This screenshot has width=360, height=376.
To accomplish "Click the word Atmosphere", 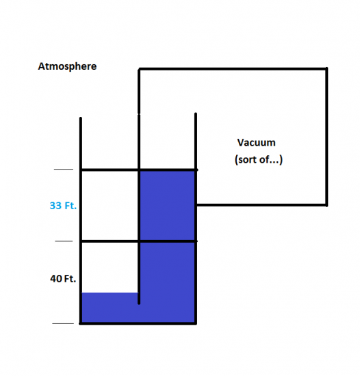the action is click(67, 66).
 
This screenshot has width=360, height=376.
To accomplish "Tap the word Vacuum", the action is click(257, 143).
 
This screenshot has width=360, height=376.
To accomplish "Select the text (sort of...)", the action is click(259, 160).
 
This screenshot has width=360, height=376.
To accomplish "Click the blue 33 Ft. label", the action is click(63, 206).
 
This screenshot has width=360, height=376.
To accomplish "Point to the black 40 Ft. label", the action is click(63, 279).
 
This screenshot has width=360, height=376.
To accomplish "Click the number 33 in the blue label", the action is click(55, 206).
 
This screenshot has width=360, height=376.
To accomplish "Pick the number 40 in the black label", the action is click(56, 279).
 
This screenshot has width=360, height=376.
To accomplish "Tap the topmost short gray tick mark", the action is click(64, 170).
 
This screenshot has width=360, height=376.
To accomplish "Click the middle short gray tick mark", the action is click(64, 241).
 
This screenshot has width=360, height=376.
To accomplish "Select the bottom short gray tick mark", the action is click(63, 323).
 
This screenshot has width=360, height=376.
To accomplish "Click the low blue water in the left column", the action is click(110, 308).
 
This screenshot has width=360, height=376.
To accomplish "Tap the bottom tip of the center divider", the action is click(139, 304).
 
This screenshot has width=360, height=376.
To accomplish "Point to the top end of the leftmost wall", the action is click(81, 118).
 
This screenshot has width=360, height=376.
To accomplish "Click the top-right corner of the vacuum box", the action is click(326, 69).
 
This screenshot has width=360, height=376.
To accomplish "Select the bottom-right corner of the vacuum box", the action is click(326, 205).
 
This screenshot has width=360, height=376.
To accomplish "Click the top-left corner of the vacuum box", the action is click(139, 69).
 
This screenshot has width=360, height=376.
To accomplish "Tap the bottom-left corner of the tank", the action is click(81, 323).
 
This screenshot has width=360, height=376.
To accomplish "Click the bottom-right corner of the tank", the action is click(196, 323).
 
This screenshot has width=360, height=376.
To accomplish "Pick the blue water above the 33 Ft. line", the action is click(167, 205).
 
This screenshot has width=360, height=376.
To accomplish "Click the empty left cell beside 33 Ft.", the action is click(110, 205).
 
